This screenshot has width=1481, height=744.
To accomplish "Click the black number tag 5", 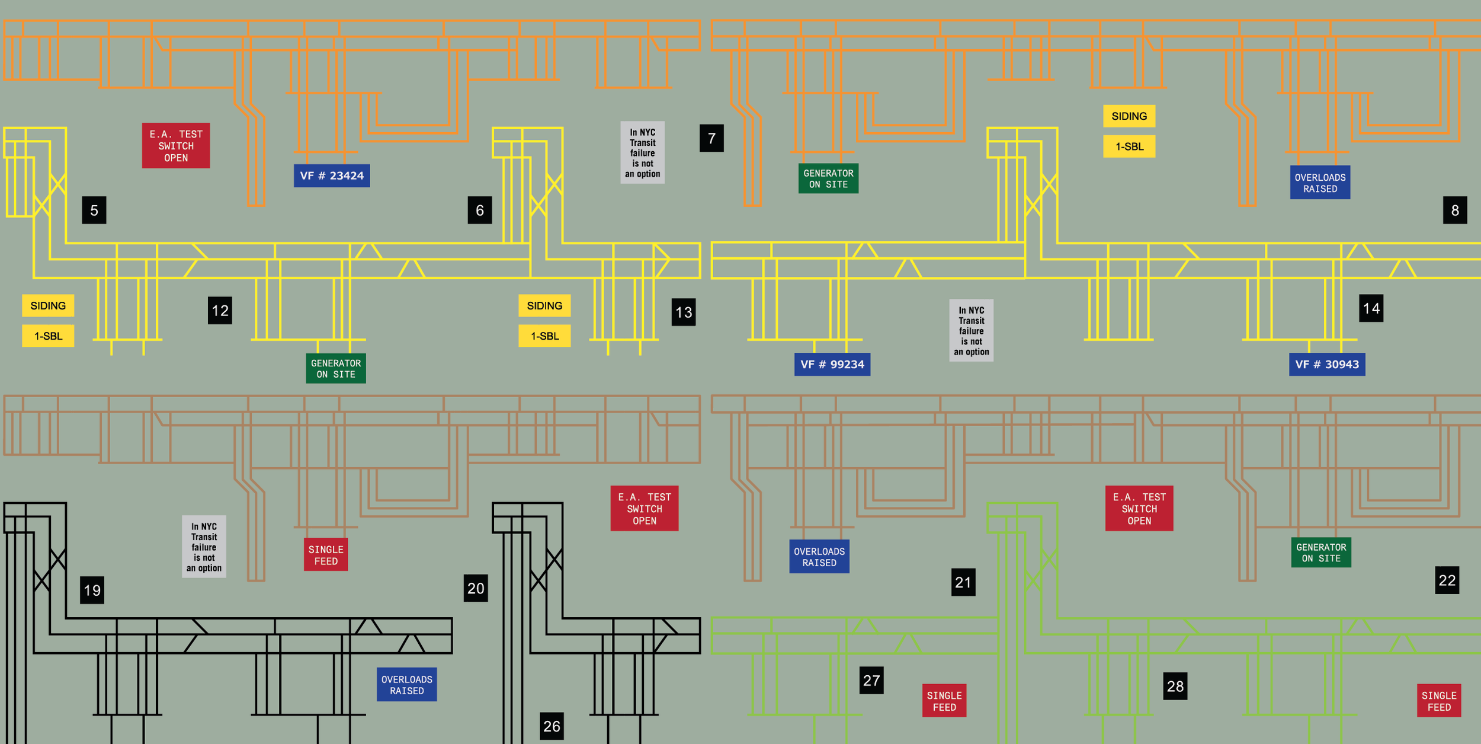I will click(x=94, y=210).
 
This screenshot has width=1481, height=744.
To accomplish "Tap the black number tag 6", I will click(x=480, y=210).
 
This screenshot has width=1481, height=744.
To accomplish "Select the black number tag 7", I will click(x=711, y=138).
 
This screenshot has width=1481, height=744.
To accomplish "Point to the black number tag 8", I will click(x=1455, y=210).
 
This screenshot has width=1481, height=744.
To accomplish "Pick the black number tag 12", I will click(x=220, y=310).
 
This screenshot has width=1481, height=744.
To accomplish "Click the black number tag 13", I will click(x=684, y=312).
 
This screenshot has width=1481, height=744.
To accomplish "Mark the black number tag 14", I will click(x=1371, y=308).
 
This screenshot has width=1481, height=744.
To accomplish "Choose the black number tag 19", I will click(x=92, y=590).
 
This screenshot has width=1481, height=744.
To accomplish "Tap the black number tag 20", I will click(x=476, y=588).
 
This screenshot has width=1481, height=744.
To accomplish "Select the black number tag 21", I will click(x=963, y=582).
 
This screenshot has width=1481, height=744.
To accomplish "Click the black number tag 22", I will click(x=1447, y=580).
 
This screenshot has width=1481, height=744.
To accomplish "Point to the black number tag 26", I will click(x=552, y=726).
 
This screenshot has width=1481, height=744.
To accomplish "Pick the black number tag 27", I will click(x=871, y=680).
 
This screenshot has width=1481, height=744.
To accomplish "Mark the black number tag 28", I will click(x=1175, y=686).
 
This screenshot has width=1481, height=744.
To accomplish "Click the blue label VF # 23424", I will click(x=332, y=175).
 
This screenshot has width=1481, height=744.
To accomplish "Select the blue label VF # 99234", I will click(x=832, y=364).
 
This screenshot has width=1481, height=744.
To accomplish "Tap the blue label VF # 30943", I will click(x=1327, y=364).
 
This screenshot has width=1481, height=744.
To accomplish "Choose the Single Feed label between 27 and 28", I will click(x=944, y=701).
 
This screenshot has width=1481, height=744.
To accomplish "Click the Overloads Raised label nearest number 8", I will click(x=1320, y=183).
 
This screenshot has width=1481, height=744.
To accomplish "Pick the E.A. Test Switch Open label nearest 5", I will click(x=176, y=146).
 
